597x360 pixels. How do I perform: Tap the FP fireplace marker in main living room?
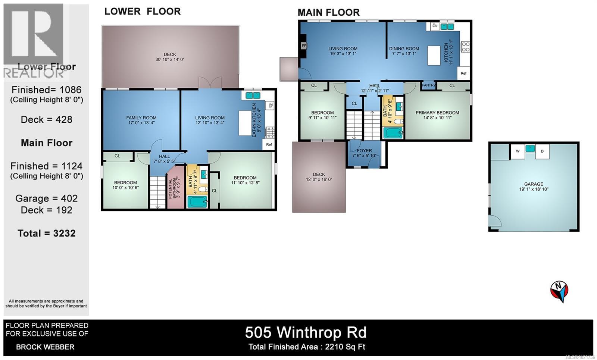point(304,46)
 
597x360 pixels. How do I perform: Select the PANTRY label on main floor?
point(428,85)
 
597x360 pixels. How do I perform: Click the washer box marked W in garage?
point(518,151)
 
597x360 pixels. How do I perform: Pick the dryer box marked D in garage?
point(542,151)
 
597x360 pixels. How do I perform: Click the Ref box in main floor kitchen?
point(463,73)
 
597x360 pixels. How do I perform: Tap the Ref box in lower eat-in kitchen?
point(269,144)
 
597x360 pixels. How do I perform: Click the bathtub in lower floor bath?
point(197,202)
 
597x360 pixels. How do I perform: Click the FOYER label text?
point(364,151)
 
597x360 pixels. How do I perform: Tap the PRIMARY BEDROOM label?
point(437,113)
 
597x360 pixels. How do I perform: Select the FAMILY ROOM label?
point(141,118)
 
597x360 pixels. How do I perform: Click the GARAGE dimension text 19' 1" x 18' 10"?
point(534,189)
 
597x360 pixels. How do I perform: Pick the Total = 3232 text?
point(47,233)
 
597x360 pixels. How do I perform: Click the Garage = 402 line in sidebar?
point(47,198)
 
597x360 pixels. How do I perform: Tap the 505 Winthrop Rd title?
point(306,332)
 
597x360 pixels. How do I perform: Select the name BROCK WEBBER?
point(45,347)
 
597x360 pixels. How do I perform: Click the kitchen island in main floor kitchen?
point(434,56)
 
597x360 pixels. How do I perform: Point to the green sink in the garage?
point(530,148)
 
